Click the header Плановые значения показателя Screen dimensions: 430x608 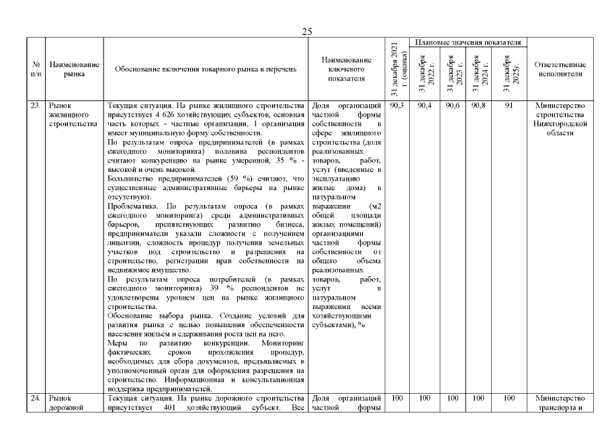click(468, 42)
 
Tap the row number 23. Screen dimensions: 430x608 click(36, 105)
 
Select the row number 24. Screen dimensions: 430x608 click(36, 398)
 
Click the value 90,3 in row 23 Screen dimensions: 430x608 click(396, 105)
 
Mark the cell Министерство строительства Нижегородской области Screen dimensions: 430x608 click(560, 119)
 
